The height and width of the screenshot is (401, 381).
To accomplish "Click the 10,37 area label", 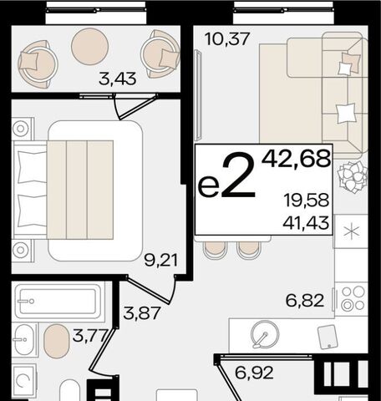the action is [x=227, y=38].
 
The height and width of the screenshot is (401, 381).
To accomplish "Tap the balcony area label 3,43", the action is [x=118, y=79].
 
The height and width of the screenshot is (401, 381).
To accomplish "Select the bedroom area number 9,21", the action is [x=160, y=261].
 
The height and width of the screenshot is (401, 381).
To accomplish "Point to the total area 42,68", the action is [x=296, y=159].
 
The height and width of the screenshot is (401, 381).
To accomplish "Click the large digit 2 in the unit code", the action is [x=238, y=175].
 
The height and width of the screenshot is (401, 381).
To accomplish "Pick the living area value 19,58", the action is [x=307, y=200].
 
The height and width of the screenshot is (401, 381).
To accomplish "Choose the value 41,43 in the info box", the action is [x=306, y=223].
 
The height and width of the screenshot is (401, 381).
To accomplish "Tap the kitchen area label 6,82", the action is [x=305, y=301].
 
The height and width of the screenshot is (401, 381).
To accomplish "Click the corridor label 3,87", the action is [x=142, y=312].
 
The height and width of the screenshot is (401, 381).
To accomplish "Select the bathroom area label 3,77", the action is [x=89, y=336].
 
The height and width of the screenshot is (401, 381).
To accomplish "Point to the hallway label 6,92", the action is [x=254, y=373].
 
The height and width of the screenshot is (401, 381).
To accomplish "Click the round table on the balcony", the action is [x=89, y=47].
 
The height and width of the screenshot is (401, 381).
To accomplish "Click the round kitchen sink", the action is [x=265, y=334].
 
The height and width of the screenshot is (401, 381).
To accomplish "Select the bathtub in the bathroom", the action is [x=58, y=301].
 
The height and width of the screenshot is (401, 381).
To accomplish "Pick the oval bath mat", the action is [x=56, y=341].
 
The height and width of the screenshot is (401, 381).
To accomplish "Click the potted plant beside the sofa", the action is [x=353, y=178].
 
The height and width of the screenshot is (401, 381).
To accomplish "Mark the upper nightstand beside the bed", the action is [x=23, y=129].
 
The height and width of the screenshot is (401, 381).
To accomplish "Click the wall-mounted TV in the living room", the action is [x=199, y=94].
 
